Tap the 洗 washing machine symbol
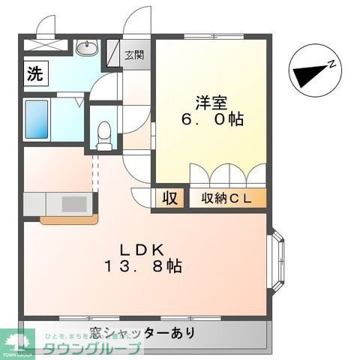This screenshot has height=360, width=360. pyautogui.click(x=34, y=74)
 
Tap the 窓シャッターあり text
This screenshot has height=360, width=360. pyautogui.click(x=142, y=332)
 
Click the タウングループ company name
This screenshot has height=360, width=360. pyautogui.click(x=91, y=349)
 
